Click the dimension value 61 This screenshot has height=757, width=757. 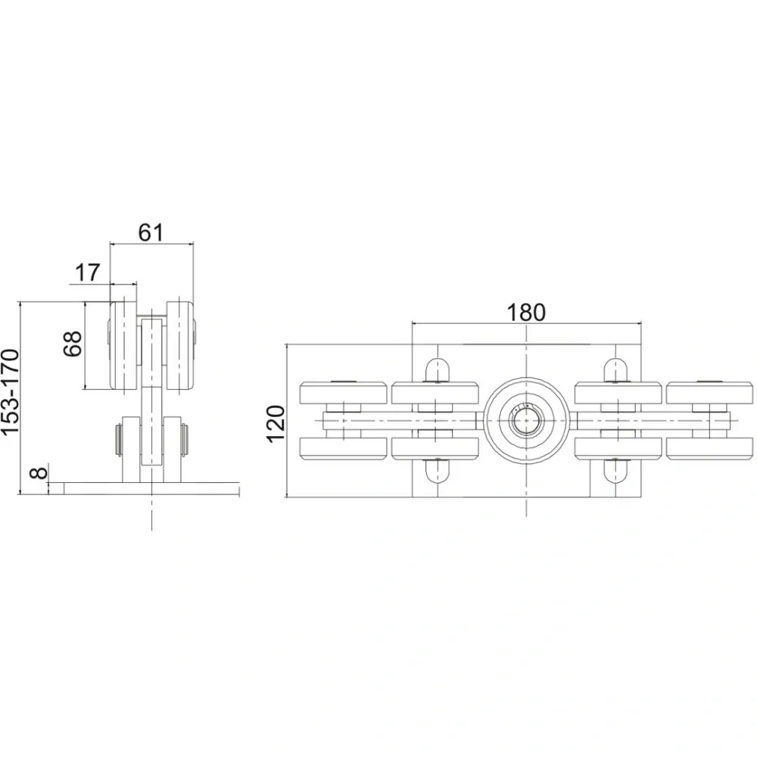pyautogui.click(x=151, y=232)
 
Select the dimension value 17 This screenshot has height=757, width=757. pyautogui.click(x=87, y=273)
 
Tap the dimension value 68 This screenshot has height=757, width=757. pyautogui.click(x=73, y=344)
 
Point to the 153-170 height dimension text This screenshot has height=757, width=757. pyautogui.click(x=11, y=392)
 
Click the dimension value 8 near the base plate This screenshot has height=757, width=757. pyautogui.click(x=39, y=472)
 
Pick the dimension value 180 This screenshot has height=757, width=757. pyautogui.click(x=526, y=313)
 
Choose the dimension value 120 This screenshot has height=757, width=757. pyautogui.click(x=276, y=424)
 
